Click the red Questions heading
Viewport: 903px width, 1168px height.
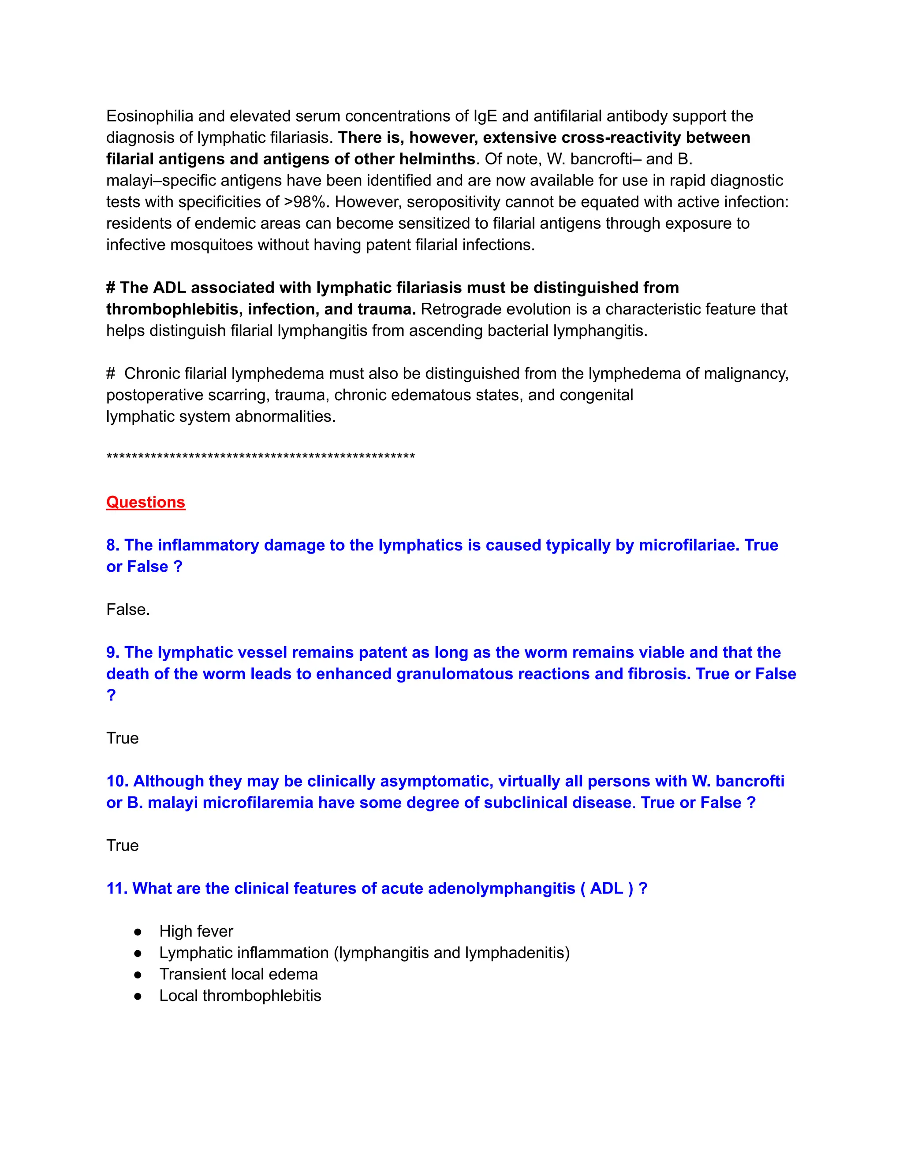coord(146,502)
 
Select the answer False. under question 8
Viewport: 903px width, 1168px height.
coord(128,610)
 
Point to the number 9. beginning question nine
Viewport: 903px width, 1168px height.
coord(113,652)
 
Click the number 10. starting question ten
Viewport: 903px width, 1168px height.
coord(117,781)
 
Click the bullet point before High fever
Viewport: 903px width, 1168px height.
coord(138,932)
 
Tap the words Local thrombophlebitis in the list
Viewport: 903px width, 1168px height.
coord(240,996)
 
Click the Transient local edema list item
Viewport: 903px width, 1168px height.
coord(239,975)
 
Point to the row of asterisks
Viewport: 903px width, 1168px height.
coord(261,457)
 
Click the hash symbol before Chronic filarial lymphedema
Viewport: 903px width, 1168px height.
coord(111,373)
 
